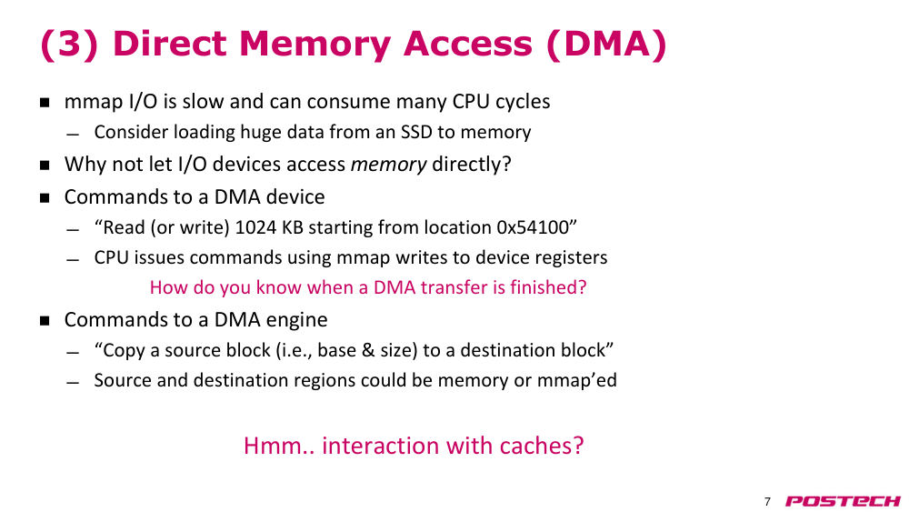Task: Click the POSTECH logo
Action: [x=843, y=501]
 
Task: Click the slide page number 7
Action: [x=767, y=502]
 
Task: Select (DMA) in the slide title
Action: [x=606, y=45]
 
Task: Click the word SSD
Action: [x=416, y=132]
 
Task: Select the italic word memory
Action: [x=388, y=165]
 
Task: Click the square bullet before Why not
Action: [x=45, y=165]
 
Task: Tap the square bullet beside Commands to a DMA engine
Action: [x=45, y=320]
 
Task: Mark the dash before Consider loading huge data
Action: [x=73, y=135]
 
